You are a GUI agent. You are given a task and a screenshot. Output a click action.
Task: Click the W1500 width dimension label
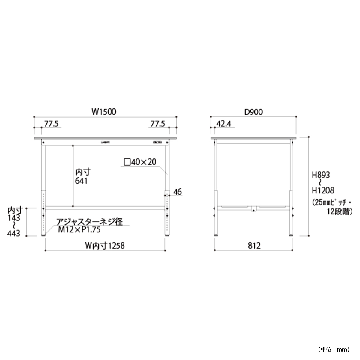[x=104, y=112]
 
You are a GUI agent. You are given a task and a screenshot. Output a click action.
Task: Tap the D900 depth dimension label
[x=253, y=112]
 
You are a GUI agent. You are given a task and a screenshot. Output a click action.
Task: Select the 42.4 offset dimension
[x=224, y=124]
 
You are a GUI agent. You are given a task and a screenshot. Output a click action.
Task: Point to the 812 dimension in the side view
[x=254, y=246]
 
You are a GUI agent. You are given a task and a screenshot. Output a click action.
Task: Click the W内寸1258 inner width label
[x=105, y=246]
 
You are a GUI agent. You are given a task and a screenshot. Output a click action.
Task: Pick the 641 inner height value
[x=81, y=181]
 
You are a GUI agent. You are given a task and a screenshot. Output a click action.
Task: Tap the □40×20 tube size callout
[x=140, y=162]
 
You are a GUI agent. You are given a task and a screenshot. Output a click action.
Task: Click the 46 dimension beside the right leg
[x=178, y=192]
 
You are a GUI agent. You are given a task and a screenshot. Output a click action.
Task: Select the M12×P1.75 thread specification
[x=79, y=230]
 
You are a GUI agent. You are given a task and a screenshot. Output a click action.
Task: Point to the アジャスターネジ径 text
[x=90, y=222]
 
